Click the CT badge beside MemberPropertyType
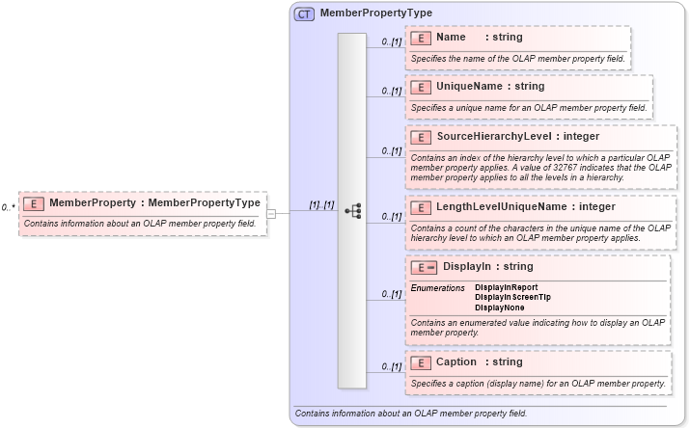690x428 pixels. click(304, 14)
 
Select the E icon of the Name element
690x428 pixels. click(420, 38)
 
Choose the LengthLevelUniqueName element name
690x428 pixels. click(525, 206)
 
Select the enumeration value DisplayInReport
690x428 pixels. click(507, 287)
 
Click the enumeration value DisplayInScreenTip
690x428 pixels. click(512, 297)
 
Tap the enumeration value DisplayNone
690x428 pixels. click(500, 308)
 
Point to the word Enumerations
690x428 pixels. click(438, 287)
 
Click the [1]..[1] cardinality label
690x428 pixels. click(321, 205)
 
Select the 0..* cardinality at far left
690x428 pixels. click(8, 207)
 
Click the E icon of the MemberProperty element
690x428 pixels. click(33, 203)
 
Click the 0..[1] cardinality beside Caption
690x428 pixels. click(391, 367)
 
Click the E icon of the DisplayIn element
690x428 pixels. click(423, 267)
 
